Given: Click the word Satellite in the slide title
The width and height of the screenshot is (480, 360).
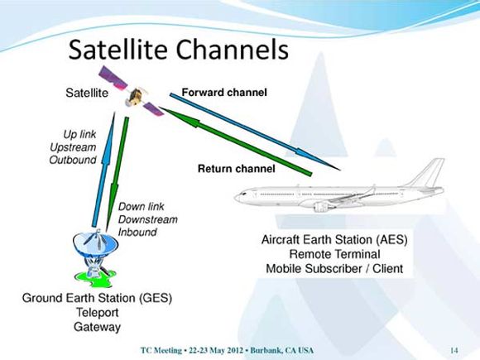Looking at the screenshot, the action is click(x=118, y=50).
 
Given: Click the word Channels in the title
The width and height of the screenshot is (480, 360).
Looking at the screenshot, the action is click(x=233, y=50).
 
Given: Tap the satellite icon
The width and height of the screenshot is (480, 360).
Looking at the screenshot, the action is click(x=131, y=91).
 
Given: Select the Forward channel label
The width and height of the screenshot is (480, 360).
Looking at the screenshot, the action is click(x=224, y=92).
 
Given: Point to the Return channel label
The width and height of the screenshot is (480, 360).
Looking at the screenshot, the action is click(x=237, y=169).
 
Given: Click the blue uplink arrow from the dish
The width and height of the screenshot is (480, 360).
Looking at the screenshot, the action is click(x=103, y=170).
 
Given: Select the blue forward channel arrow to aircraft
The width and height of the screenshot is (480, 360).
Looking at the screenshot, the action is click(x=255, y=132).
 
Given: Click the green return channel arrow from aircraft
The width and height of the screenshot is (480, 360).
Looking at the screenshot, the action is click(x=235, y=142).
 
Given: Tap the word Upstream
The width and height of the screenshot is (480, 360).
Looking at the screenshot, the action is click(x=73, y=147).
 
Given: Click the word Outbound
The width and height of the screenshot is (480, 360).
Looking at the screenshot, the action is click(x=73, y=160).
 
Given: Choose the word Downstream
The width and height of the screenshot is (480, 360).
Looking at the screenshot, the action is click(x=148, y=219).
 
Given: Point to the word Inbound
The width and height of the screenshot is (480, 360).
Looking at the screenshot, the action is click(x=137, y=232).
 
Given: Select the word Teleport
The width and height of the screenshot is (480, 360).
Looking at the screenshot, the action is click(x=98, y=313).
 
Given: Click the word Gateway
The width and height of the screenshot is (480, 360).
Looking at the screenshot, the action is click(x=98, y=327).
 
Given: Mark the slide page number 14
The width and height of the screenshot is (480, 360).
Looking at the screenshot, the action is click(x=454, y=350).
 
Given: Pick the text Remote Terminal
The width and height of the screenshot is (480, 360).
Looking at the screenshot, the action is click(x=334, y=254).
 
